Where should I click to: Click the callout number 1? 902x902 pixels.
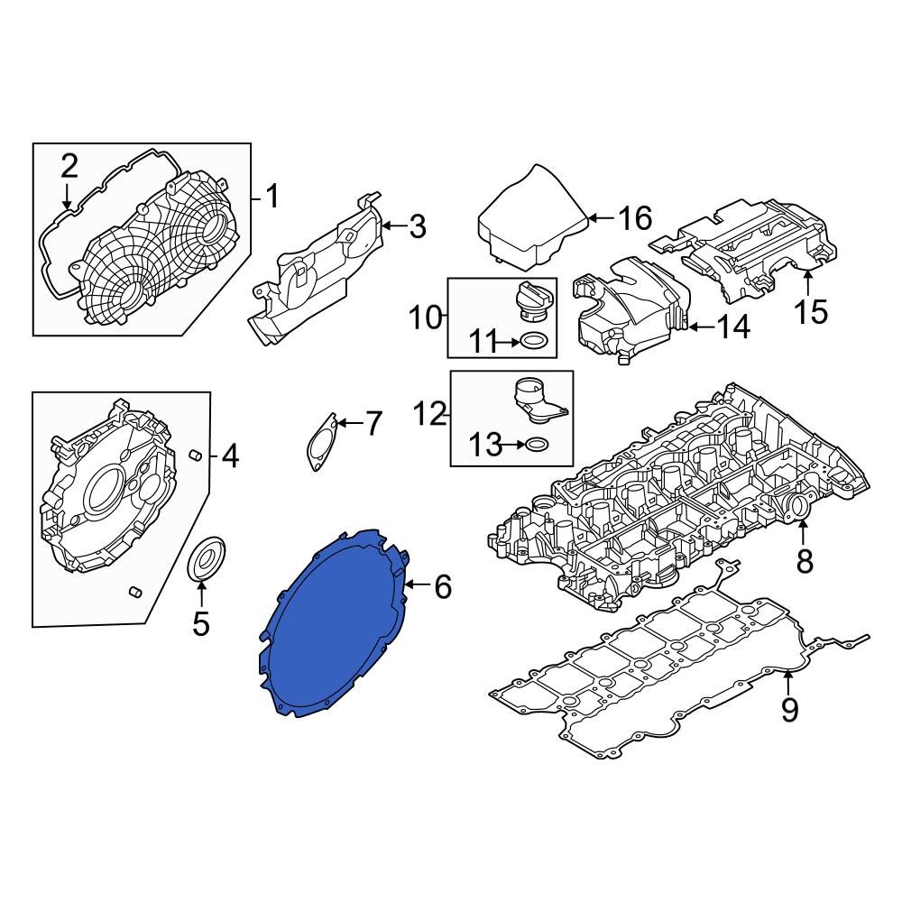click(272, 196)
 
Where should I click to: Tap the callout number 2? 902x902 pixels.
click(69, 166)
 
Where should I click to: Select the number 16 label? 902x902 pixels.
click(634, 217)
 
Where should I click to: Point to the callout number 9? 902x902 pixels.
click(789, 710)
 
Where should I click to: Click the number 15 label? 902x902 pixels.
click(810, 311)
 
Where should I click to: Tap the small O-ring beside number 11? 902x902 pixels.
click(533, 342)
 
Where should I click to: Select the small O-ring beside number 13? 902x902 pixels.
click(536, 445)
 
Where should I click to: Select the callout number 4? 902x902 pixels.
click(230, 457)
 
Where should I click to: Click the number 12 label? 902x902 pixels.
click(431, 414)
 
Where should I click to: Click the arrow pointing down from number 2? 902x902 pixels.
click(67, 195)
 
